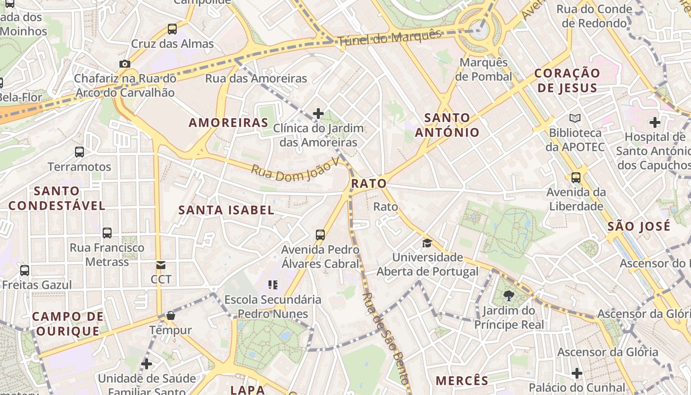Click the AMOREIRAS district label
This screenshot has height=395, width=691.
click(x=229, y=122)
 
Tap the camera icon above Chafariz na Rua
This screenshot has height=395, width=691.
click(x=125, y=64)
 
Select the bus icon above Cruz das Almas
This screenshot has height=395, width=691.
click(x=172, y=29)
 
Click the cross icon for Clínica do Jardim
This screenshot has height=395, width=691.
click(x=318, y=114)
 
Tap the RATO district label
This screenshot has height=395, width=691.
click(x=369, y=184)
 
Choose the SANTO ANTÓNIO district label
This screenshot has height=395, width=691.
click(x=447, y=125)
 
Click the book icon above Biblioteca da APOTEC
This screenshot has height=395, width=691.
click(x=575, y=118)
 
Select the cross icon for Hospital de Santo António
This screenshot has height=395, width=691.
click(x=655, y=122)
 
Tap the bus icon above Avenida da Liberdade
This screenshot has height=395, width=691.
click(x=576, y=177)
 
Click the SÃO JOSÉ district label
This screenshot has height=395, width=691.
click(x=639, y=227)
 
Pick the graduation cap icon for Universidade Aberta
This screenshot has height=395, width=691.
click(x=427, y=243)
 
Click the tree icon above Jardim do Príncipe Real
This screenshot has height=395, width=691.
click(x=508, y=296)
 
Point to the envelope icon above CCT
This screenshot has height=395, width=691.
click(x=161, y=265)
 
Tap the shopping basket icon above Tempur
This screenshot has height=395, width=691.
click(x=171, y=315)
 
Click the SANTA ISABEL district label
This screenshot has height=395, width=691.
click(x=226, y=210)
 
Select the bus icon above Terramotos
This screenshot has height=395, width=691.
click(x=79, y=152)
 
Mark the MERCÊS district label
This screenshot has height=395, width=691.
click(x=462, y=381)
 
